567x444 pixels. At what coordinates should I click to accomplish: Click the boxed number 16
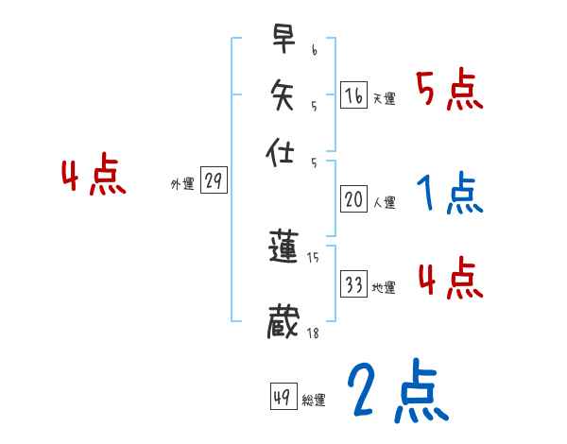(x=353, y=95)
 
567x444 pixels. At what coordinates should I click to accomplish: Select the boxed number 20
(x=353, y=199)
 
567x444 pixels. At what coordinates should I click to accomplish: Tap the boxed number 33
(x=353, y=284)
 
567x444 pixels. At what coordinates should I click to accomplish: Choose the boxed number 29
(x=214, y=181)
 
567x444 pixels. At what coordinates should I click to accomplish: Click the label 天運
(x=384, y=98)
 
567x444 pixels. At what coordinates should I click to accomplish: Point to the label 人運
(x=384, y=202)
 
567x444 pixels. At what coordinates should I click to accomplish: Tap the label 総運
(x=314, y=401)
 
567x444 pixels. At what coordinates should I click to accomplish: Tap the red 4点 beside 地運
(x=450, y=280)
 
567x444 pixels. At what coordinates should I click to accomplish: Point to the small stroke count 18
(x=313, y=333)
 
